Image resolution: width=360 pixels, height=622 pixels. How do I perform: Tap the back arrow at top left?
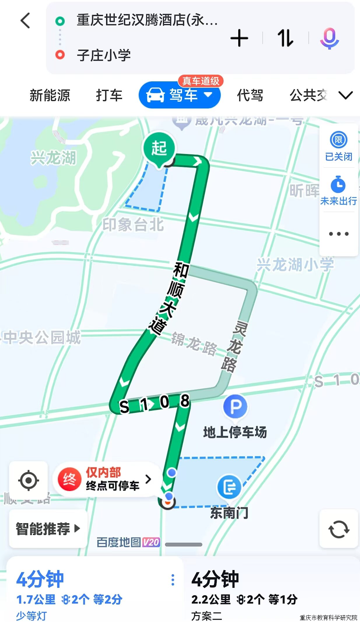pos(25,21)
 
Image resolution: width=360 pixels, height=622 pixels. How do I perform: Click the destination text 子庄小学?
pos(104,55)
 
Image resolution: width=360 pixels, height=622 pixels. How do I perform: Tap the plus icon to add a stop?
pos(239,38)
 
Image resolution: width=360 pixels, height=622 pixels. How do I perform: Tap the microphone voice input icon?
pos(329,39)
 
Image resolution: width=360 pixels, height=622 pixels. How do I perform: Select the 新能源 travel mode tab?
pos(50,95)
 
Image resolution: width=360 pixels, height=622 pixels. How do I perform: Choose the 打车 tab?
pos(109,95)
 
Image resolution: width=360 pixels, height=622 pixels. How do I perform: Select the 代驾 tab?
pos(250,95)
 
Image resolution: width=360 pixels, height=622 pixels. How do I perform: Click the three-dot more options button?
pos(339,234)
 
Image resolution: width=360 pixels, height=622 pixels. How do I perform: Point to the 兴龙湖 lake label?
pos(53,158)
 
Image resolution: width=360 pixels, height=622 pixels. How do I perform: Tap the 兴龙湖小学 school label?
pos(295,265)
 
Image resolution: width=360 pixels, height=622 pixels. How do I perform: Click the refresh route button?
pos(339,529)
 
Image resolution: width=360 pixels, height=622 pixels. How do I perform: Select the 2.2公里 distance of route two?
pos(211,600)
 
